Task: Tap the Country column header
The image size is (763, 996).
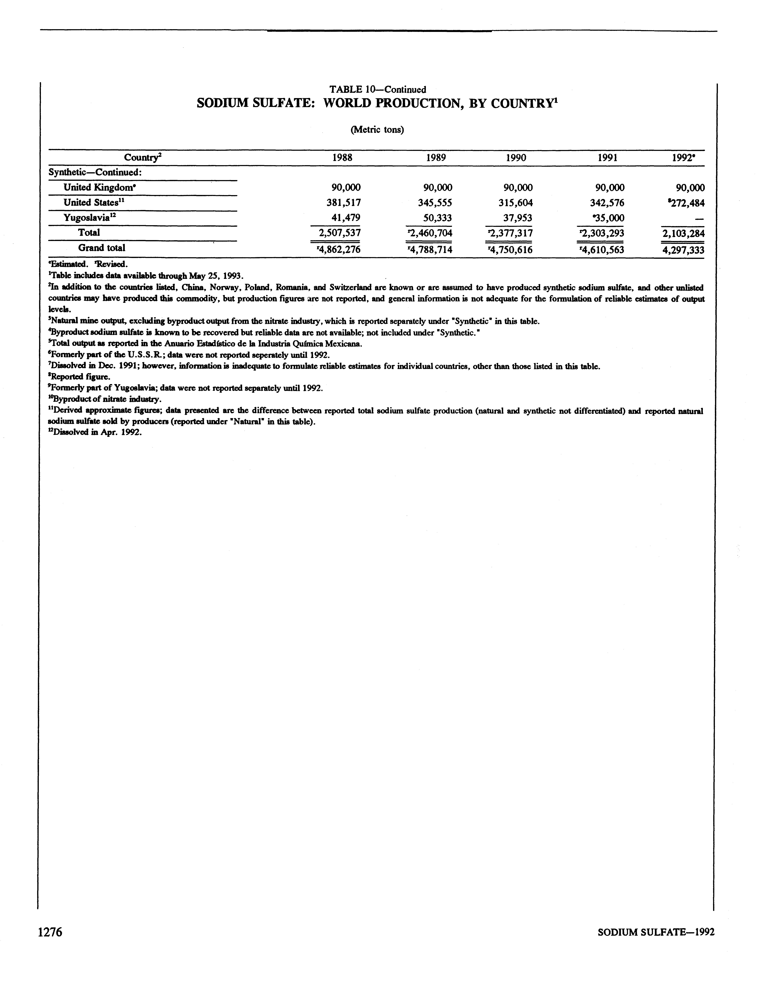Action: coord(143,158)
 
